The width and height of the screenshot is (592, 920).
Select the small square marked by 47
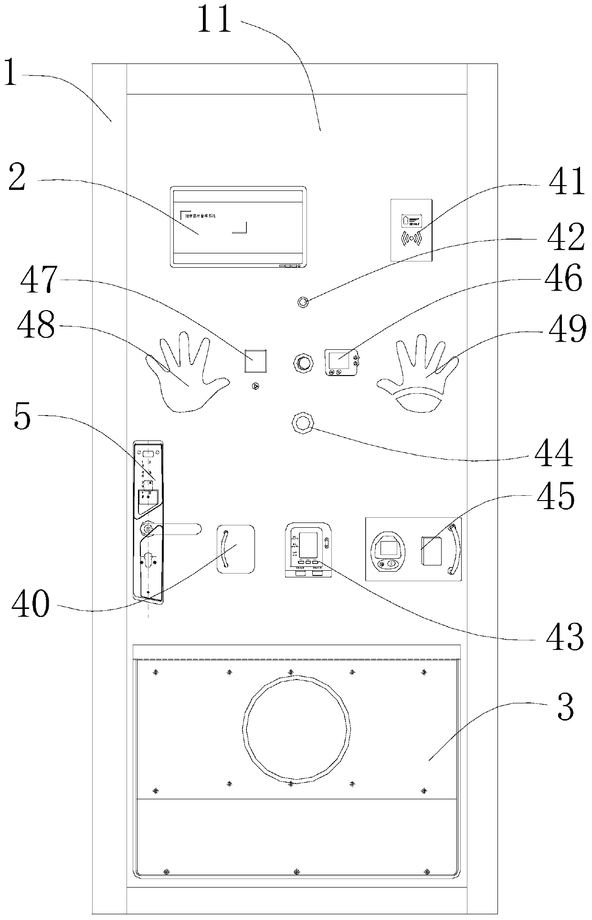pyautogui.click(x=255, y=361)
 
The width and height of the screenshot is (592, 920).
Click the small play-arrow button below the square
pyautogui.click(x=256, y=386)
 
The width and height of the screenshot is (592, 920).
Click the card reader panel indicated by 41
pyautogui.click(x=412, y=230)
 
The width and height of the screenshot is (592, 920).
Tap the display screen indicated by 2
pyautogui.click(x=238, y=227)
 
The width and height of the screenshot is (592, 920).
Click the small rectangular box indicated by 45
pyautogui.click(x=432, y=550)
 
